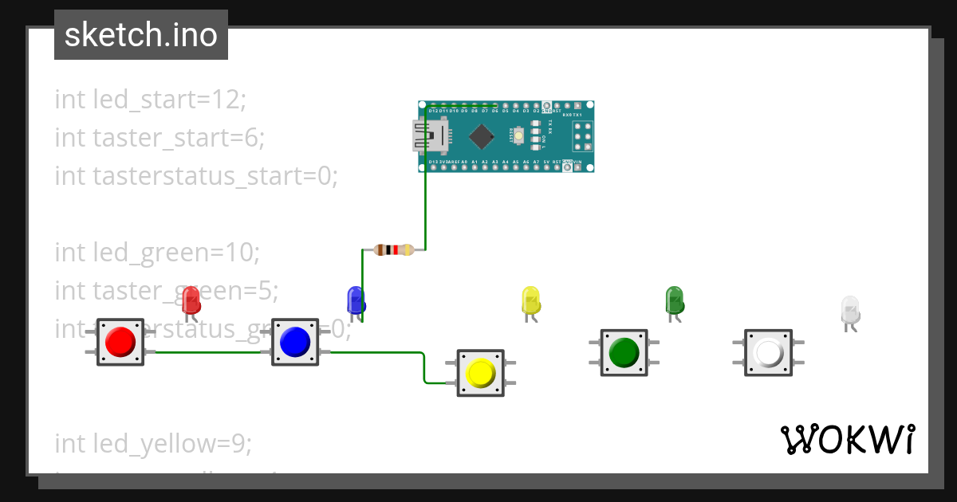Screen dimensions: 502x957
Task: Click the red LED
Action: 191,300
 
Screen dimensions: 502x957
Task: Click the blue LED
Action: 356,300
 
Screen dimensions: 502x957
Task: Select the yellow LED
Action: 531,300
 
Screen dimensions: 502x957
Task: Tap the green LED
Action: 675,300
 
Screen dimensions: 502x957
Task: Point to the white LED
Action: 850,309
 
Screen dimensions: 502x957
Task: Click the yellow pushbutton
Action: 480,373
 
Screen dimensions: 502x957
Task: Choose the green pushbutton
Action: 624,352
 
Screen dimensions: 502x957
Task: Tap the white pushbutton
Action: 768,352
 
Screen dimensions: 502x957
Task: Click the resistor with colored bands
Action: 393,250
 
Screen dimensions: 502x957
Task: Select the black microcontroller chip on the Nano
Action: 482,136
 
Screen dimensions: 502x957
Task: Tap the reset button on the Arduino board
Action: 519,136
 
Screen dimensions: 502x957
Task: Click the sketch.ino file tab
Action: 141,35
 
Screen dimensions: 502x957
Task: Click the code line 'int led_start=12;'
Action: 151,100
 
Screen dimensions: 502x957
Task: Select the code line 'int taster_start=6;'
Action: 159,138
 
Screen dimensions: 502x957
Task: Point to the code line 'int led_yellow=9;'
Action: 153,444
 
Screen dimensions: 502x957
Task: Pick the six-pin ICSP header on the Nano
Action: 581,136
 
